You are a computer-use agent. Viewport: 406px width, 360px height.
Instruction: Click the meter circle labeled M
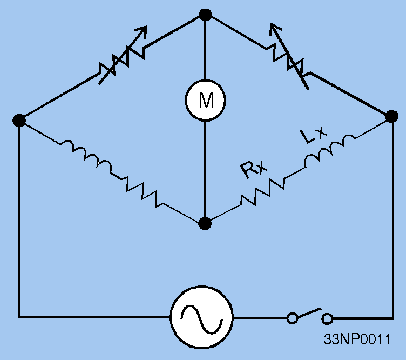coord(205,98)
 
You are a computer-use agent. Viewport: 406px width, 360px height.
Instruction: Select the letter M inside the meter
coord(205,98)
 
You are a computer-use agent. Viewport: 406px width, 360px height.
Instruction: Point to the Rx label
coord(252,168)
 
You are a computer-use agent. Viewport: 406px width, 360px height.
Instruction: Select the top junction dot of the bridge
coord(205,15)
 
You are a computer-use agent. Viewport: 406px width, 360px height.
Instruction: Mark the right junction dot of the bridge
coord(391,118)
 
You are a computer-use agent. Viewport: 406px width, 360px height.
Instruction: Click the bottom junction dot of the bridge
coord(205,222)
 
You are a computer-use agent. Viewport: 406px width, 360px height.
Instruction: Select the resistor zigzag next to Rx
coord(262,190)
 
